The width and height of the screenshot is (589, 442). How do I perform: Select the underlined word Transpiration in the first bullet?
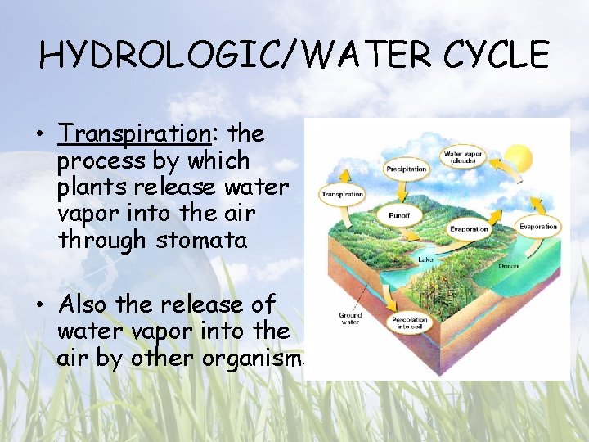tap(133, 133)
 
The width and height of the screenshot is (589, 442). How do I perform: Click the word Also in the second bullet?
tap(85, 304)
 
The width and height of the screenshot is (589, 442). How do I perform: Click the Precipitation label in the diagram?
tap(407, 169)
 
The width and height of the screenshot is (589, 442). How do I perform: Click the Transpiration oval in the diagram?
tap(342, 195)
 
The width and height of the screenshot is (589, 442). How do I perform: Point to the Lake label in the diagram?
tap(425, 259)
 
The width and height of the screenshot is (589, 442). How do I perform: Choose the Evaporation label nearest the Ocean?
tap(538, 227)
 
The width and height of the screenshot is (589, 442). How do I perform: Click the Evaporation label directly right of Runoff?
tap(467, 230)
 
